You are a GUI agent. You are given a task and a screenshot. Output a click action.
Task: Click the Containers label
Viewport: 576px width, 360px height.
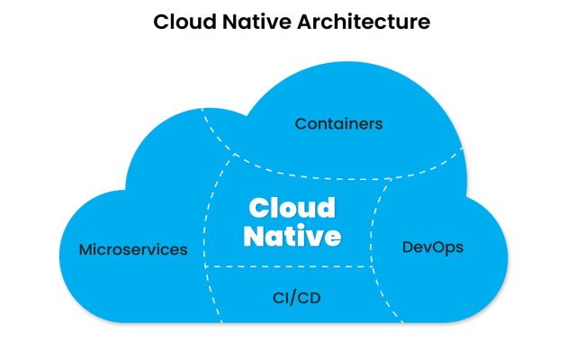[339, 123]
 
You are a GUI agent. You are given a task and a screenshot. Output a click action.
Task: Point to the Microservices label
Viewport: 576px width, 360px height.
[133, 249]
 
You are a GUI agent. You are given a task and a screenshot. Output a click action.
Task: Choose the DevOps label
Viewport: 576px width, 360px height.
[433, 246]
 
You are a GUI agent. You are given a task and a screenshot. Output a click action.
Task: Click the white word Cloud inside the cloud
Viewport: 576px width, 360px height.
[292, 209]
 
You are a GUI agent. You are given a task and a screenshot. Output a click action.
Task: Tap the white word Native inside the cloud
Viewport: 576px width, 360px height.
[293, 236]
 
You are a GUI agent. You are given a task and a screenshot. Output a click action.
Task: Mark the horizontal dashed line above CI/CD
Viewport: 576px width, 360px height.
[288, 266]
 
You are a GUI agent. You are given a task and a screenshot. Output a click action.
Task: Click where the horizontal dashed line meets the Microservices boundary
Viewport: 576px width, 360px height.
[206, 266]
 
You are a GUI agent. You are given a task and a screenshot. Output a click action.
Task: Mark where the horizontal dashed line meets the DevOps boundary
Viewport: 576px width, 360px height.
[373, 266]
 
